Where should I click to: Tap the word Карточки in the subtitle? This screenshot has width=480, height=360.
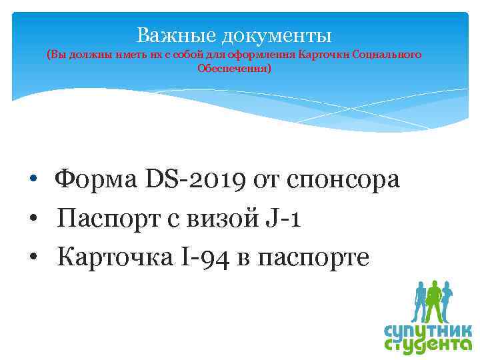click(x=327, y=55)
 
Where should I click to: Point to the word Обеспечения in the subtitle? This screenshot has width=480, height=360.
click(x=234, y=68)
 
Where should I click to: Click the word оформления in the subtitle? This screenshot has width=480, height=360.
click(x=265, y=55)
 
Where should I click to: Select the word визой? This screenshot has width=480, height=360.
click(x=218, y=218)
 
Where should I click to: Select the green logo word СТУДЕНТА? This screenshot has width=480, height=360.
click(x=428, y=347)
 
